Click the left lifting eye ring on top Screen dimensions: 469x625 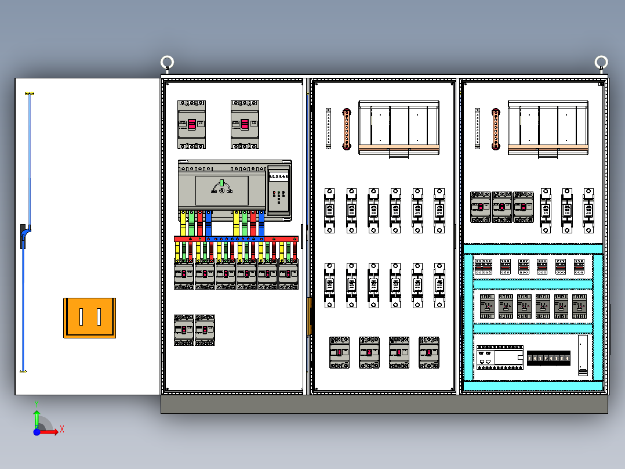[168, 62]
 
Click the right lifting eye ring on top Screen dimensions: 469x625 [601, 62]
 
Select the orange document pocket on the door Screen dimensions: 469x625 [90, 318]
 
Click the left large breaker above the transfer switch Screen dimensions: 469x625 [191, 124]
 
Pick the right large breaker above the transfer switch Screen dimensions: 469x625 [244, 124]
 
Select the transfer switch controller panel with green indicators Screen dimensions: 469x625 [279, 189]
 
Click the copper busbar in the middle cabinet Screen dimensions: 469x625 [347, 128]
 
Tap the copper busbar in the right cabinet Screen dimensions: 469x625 [496, 128]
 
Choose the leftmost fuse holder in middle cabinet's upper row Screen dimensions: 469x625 [329, 210]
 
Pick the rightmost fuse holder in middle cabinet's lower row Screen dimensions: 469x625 [439, 285]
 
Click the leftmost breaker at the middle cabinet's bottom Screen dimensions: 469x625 [339, 352]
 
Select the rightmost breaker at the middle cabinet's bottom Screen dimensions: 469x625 [428, 352]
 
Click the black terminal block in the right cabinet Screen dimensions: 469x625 [548, 358]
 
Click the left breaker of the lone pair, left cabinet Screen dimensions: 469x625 [184, 330]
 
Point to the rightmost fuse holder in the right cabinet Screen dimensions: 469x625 [588, 210]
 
